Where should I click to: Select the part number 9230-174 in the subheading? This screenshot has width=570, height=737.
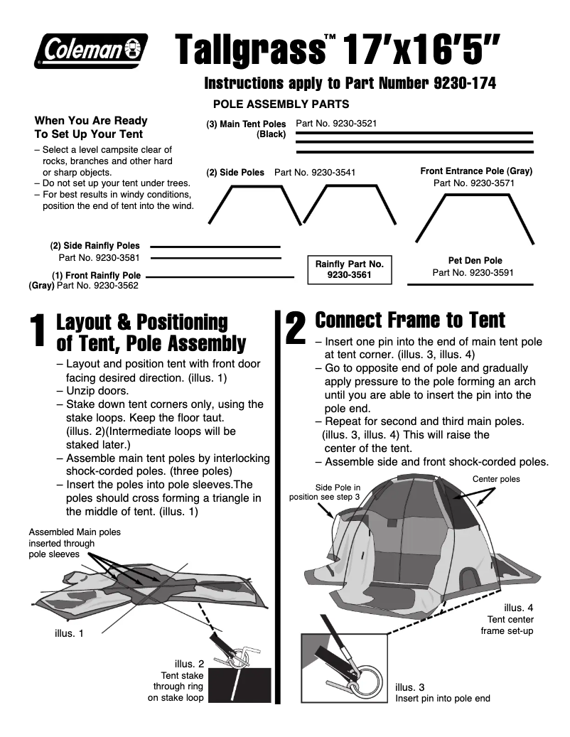click(464, 83)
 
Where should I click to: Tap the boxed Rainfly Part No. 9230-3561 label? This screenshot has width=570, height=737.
click(349, 269)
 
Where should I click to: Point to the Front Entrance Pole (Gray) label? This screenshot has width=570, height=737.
click(476, 171)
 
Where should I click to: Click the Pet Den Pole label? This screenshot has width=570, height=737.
click(475, 261)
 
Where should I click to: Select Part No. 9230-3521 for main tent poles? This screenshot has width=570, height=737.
click(336, 123)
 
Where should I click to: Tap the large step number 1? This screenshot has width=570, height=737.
click(41, 334)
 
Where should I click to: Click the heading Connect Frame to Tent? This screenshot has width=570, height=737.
click(410, 320)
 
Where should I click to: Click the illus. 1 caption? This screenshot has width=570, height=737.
click(70, 633)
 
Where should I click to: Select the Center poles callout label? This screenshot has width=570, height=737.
click(496, 479)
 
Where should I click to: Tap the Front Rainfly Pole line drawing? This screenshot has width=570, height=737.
click(220, 276)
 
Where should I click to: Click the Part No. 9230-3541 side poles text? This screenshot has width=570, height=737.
click(315, 172)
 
